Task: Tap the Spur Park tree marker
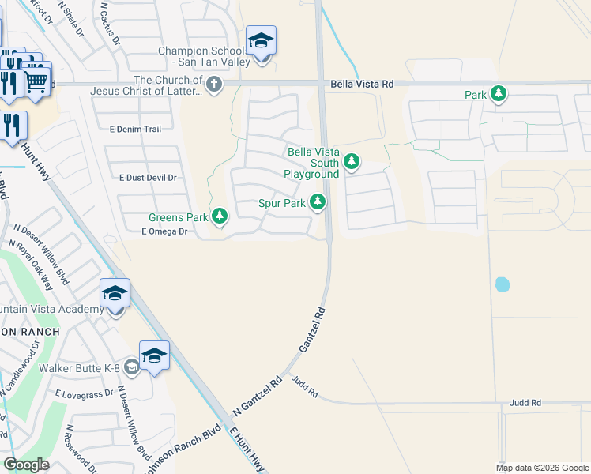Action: tap(318, 202)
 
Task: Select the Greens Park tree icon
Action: tap(220, 216)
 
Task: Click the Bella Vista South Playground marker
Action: tap(352, 163)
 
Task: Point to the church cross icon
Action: tap(213, 84)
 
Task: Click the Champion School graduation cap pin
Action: tap(261, 41)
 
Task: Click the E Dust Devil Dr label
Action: tap(147, 178)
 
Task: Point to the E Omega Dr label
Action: tap(164, 231)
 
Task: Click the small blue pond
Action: tap(501, 284)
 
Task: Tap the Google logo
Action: tap(26, 465)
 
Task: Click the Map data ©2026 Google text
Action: tap(541, 468)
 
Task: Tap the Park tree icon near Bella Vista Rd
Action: tap(499, 95)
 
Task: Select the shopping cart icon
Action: tap(36, 80)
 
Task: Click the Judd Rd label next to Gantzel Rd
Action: tap(303, 387)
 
